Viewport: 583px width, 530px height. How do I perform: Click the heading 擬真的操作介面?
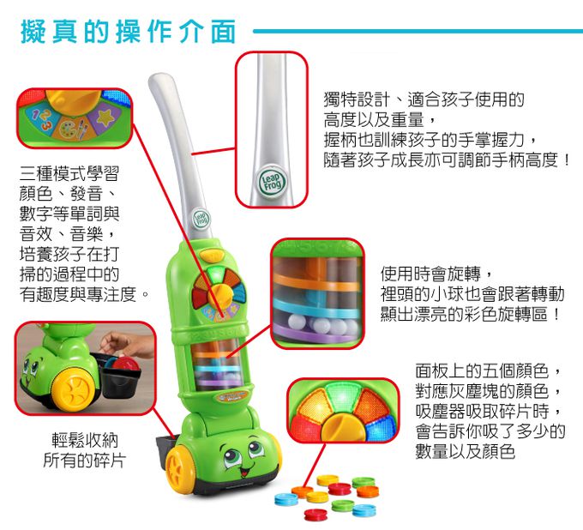(x=129, y=32)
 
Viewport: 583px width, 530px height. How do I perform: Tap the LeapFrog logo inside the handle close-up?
(x=272, y=182)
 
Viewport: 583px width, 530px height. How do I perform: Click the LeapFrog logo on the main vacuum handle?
(x=201, y=219)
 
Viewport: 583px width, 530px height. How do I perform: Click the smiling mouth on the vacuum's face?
(x=243, y=471)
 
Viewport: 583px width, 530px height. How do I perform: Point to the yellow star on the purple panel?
(x=105, y=117)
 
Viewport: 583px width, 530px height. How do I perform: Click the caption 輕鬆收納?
(x=85, y=440)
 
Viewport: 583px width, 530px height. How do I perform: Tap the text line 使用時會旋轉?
(x=431, y=274)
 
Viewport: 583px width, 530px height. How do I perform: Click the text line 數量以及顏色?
(x=466, y=451)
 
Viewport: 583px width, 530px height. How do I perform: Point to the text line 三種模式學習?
(x=69, y=174)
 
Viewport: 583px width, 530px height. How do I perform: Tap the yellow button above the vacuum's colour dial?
(x=212, y=256)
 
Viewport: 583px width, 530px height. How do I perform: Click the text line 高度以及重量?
(x=374, y=120)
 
